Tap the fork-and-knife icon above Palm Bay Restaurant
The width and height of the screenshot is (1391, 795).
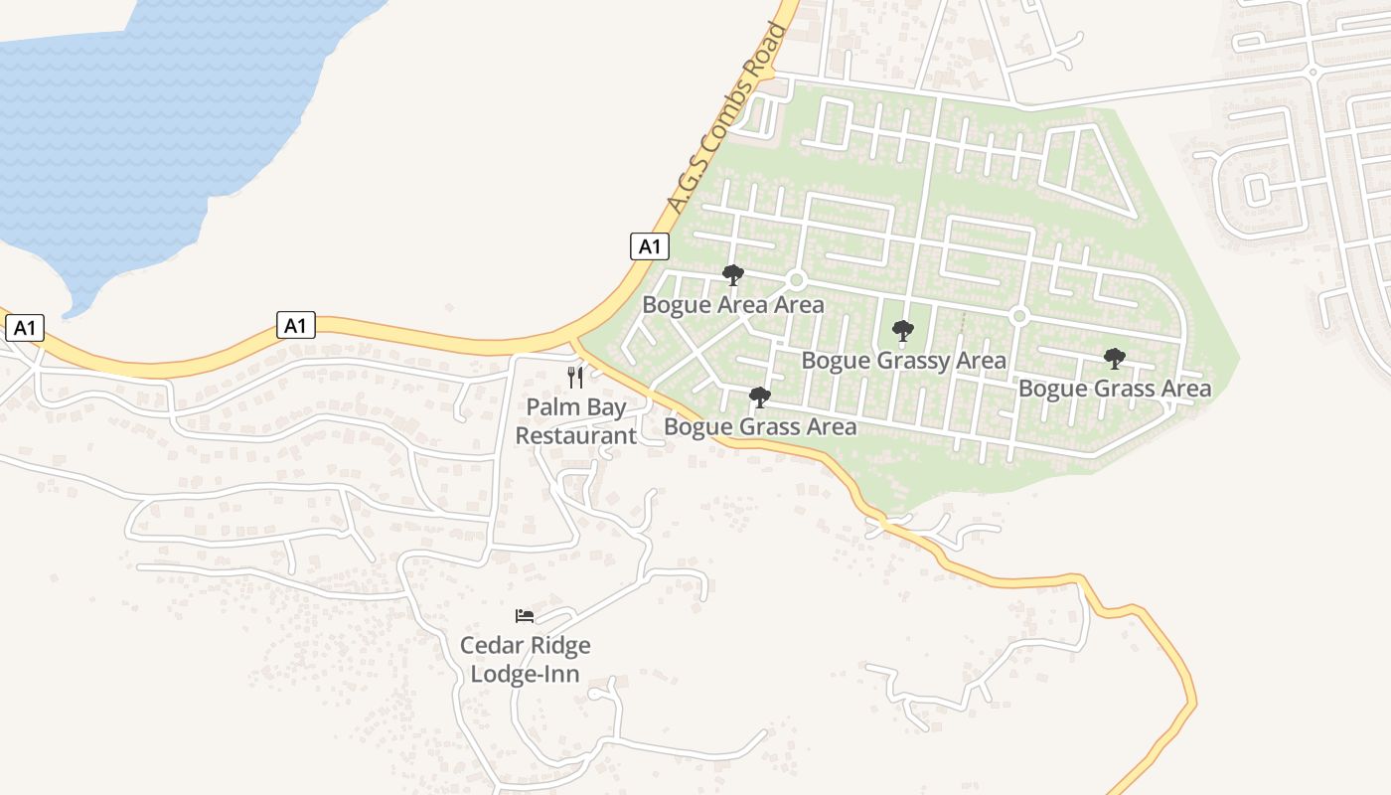pyautogui.click(x=575, y=378)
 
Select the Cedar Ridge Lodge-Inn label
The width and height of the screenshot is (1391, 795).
pyautogui.click(x=525, y=659)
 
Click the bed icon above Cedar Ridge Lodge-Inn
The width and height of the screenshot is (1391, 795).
pyautogui.click(x=525, y=616)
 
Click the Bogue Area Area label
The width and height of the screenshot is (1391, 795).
pyautogui.click(x=733, y=304)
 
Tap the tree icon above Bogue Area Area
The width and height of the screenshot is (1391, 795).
pyautogui.click(x=733, y=275)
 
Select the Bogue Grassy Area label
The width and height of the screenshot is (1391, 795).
pyautogui.click(x=903, y=360)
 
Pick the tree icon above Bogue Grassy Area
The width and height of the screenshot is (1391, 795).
pyautogui.click(x=903, y=331)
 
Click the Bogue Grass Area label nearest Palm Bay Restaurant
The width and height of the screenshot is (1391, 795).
pyautogui.click(x=760, y=427)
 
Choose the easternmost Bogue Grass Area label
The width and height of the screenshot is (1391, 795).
pyautogui.click(x=1115, y=388)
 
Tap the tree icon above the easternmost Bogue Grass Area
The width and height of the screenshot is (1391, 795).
pyautogui.click(x=1115, y=359)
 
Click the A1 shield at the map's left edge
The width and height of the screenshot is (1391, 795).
pyautogui.click(x=25, y=328)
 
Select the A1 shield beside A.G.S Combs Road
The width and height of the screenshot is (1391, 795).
pyautogui.click(x=649, y=245)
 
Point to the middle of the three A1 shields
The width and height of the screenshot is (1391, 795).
pyautogui.click(x=295, y=325)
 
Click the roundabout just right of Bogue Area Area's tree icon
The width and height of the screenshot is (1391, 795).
pyautogui.click(x=795, y=280)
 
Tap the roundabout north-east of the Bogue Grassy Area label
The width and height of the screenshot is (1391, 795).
pyautogui.click(x=1018, y=316)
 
